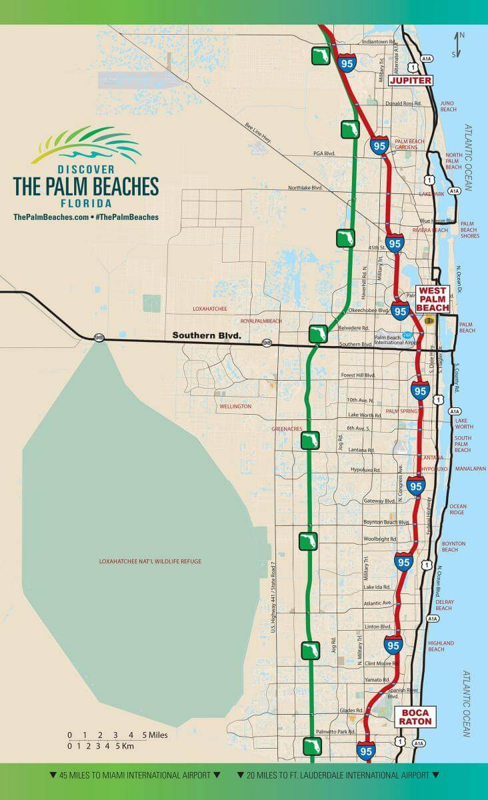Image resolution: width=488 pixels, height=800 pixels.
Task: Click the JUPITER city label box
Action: tap(411, 81)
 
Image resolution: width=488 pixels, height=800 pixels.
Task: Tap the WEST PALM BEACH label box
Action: tap(433, 299)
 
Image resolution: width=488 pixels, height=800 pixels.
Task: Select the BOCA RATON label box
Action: tap(416, 717)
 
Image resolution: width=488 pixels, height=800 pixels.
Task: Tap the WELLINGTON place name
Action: tap(235, 406)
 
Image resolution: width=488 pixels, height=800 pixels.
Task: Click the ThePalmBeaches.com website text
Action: tap(50, 217)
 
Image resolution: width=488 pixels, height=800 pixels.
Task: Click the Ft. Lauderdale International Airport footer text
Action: tap(337, 775)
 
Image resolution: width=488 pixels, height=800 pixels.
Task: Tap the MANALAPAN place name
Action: tap(469, 469)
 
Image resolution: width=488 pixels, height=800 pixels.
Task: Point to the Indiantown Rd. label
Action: tap(379, 41)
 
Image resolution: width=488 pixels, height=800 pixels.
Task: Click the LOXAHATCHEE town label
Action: tap(210, 309)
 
